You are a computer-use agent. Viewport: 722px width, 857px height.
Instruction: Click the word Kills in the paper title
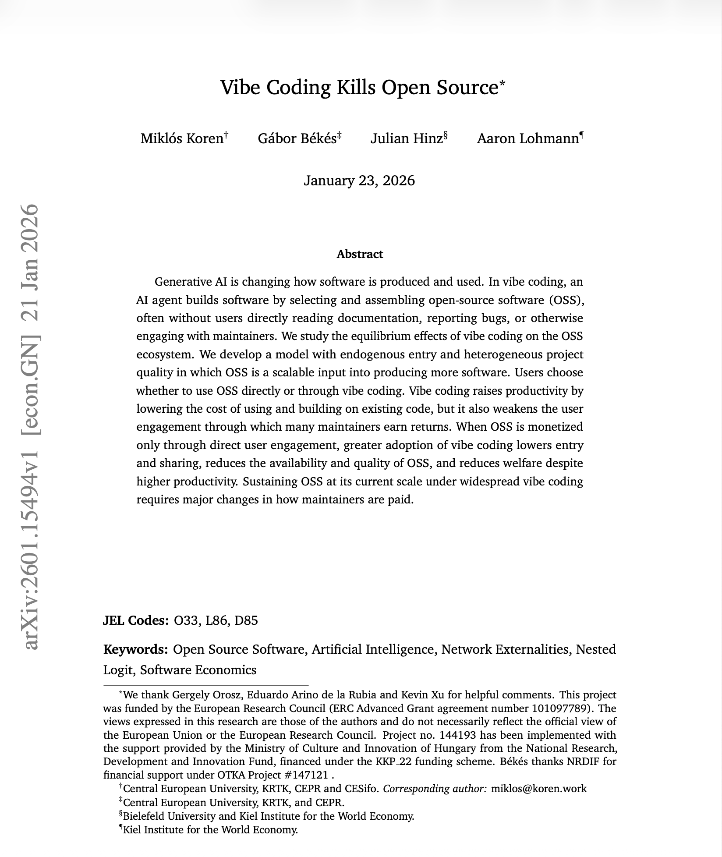[356, 87]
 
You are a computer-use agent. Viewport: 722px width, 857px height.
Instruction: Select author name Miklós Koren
[182, 138]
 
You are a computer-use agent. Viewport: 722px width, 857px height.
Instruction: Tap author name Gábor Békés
[297, 138]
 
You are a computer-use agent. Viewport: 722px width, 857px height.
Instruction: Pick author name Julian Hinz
[406, 138]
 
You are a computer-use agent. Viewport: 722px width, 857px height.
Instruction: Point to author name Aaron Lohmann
[527, 138]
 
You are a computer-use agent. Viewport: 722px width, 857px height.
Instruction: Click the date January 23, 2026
[359, 181]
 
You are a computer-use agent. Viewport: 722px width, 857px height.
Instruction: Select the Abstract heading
[359, 254]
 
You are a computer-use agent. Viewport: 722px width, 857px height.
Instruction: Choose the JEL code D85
[246, 620]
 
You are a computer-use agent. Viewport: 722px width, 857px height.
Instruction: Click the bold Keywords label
[135, 649]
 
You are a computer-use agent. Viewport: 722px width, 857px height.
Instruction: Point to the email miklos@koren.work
[538, 789]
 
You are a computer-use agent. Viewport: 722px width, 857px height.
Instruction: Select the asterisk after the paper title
[502, 83]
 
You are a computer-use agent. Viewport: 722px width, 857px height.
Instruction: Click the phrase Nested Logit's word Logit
[117, 670]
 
